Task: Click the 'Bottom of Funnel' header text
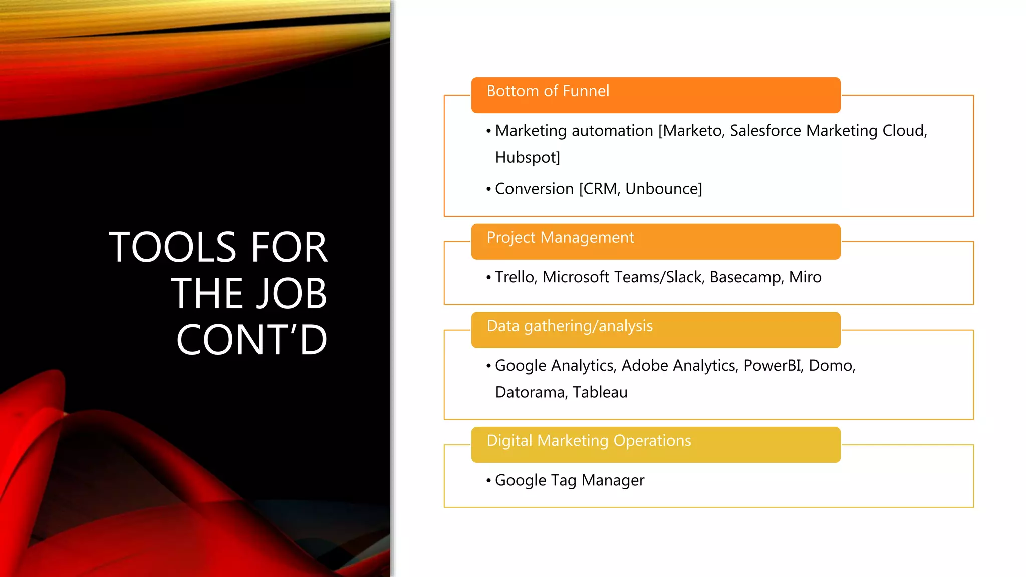(x=548, y=91)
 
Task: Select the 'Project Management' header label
(x=560, y=238)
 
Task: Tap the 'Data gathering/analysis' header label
(x=570, y=326)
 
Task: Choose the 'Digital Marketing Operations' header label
(x=589, y=441)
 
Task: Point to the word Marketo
(x=693, y=131)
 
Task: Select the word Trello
(x=515, y=277)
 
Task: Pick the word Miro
(x=805, y=277)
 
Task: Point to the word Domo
(x=831, y=366)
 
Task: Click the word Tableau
(x=600, y=392)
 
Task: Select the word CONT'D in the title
(x=252, y=340)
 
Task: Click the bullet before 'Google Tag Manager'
(x=488, y=481)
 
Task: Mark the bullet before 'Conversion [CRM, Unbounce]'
(x=488, y=189)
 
